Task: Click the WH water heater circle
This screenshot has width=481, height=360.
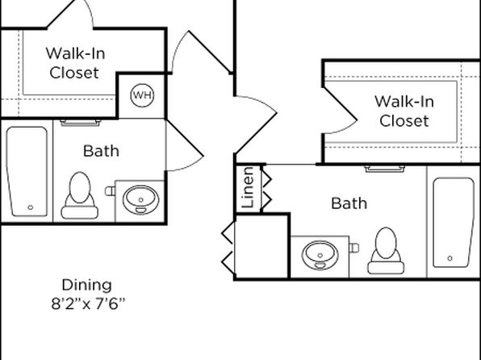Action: pyautogui.click(x=142, y=95)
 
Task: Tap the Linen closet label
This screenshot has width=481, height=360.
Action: pyautogui.click(x=248, y=187)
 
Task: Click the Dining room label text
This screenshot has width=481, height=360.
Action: pyautogui.click(x=87, y=286)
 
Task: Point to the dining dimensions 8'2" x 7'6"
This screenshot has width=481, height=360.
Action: pyautogui.click(x=88, y=304)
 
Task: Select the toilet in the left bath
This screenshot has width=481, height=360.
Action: pyautogui.click(x=79, y=195)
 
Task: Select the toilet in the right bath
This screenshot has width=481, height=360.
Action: pyautogui.click(x=386, y=250)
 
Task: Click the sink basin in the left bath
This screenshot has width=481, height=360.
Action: pyautogui.click(x=140, y=200)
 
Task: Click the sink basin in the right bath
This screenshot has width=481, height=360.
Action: pyautogui.click(x=320, y=255)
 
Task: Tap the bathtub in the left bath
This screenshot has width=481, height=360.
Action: pyautogui.click(x=27, y=171)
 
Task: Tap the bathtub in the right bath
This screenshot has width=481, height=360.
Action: pyautogui.click(x=454, y=223)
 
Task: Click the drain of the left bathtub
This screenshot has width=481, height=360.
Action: pyautogui.click(x=31, y=207)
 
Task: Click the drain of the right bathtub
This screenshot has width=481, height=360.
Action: pyautogui.click(x=450, y=258)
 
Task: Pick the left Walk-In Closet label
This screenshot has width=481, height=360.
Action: pyautogui.click(x=75, y=63)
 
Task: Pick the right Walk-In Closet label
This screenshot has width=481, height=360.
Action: pyautogui.click(x=404, y=111)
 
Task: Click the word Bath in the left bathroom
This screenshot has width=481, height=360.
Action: pyautogui.click(x=101, y=151)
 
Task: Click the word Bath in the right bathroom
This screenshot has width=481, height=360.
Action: pyautogui.click(x=349, y=203)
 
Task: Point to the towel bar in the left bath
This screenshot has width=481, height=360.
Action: pyautogui.click(x=81, y=123)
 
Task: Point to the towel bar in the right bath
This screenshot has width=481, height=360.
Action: pyautogui.click(x=385, y=169)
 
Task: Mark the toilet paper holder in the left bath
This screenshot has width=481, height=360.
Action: pyautogui.click(x=110, y=191)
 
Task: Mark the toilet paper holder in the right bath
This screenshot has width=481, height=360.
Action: pyautogui.click(x=354, y=248)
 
